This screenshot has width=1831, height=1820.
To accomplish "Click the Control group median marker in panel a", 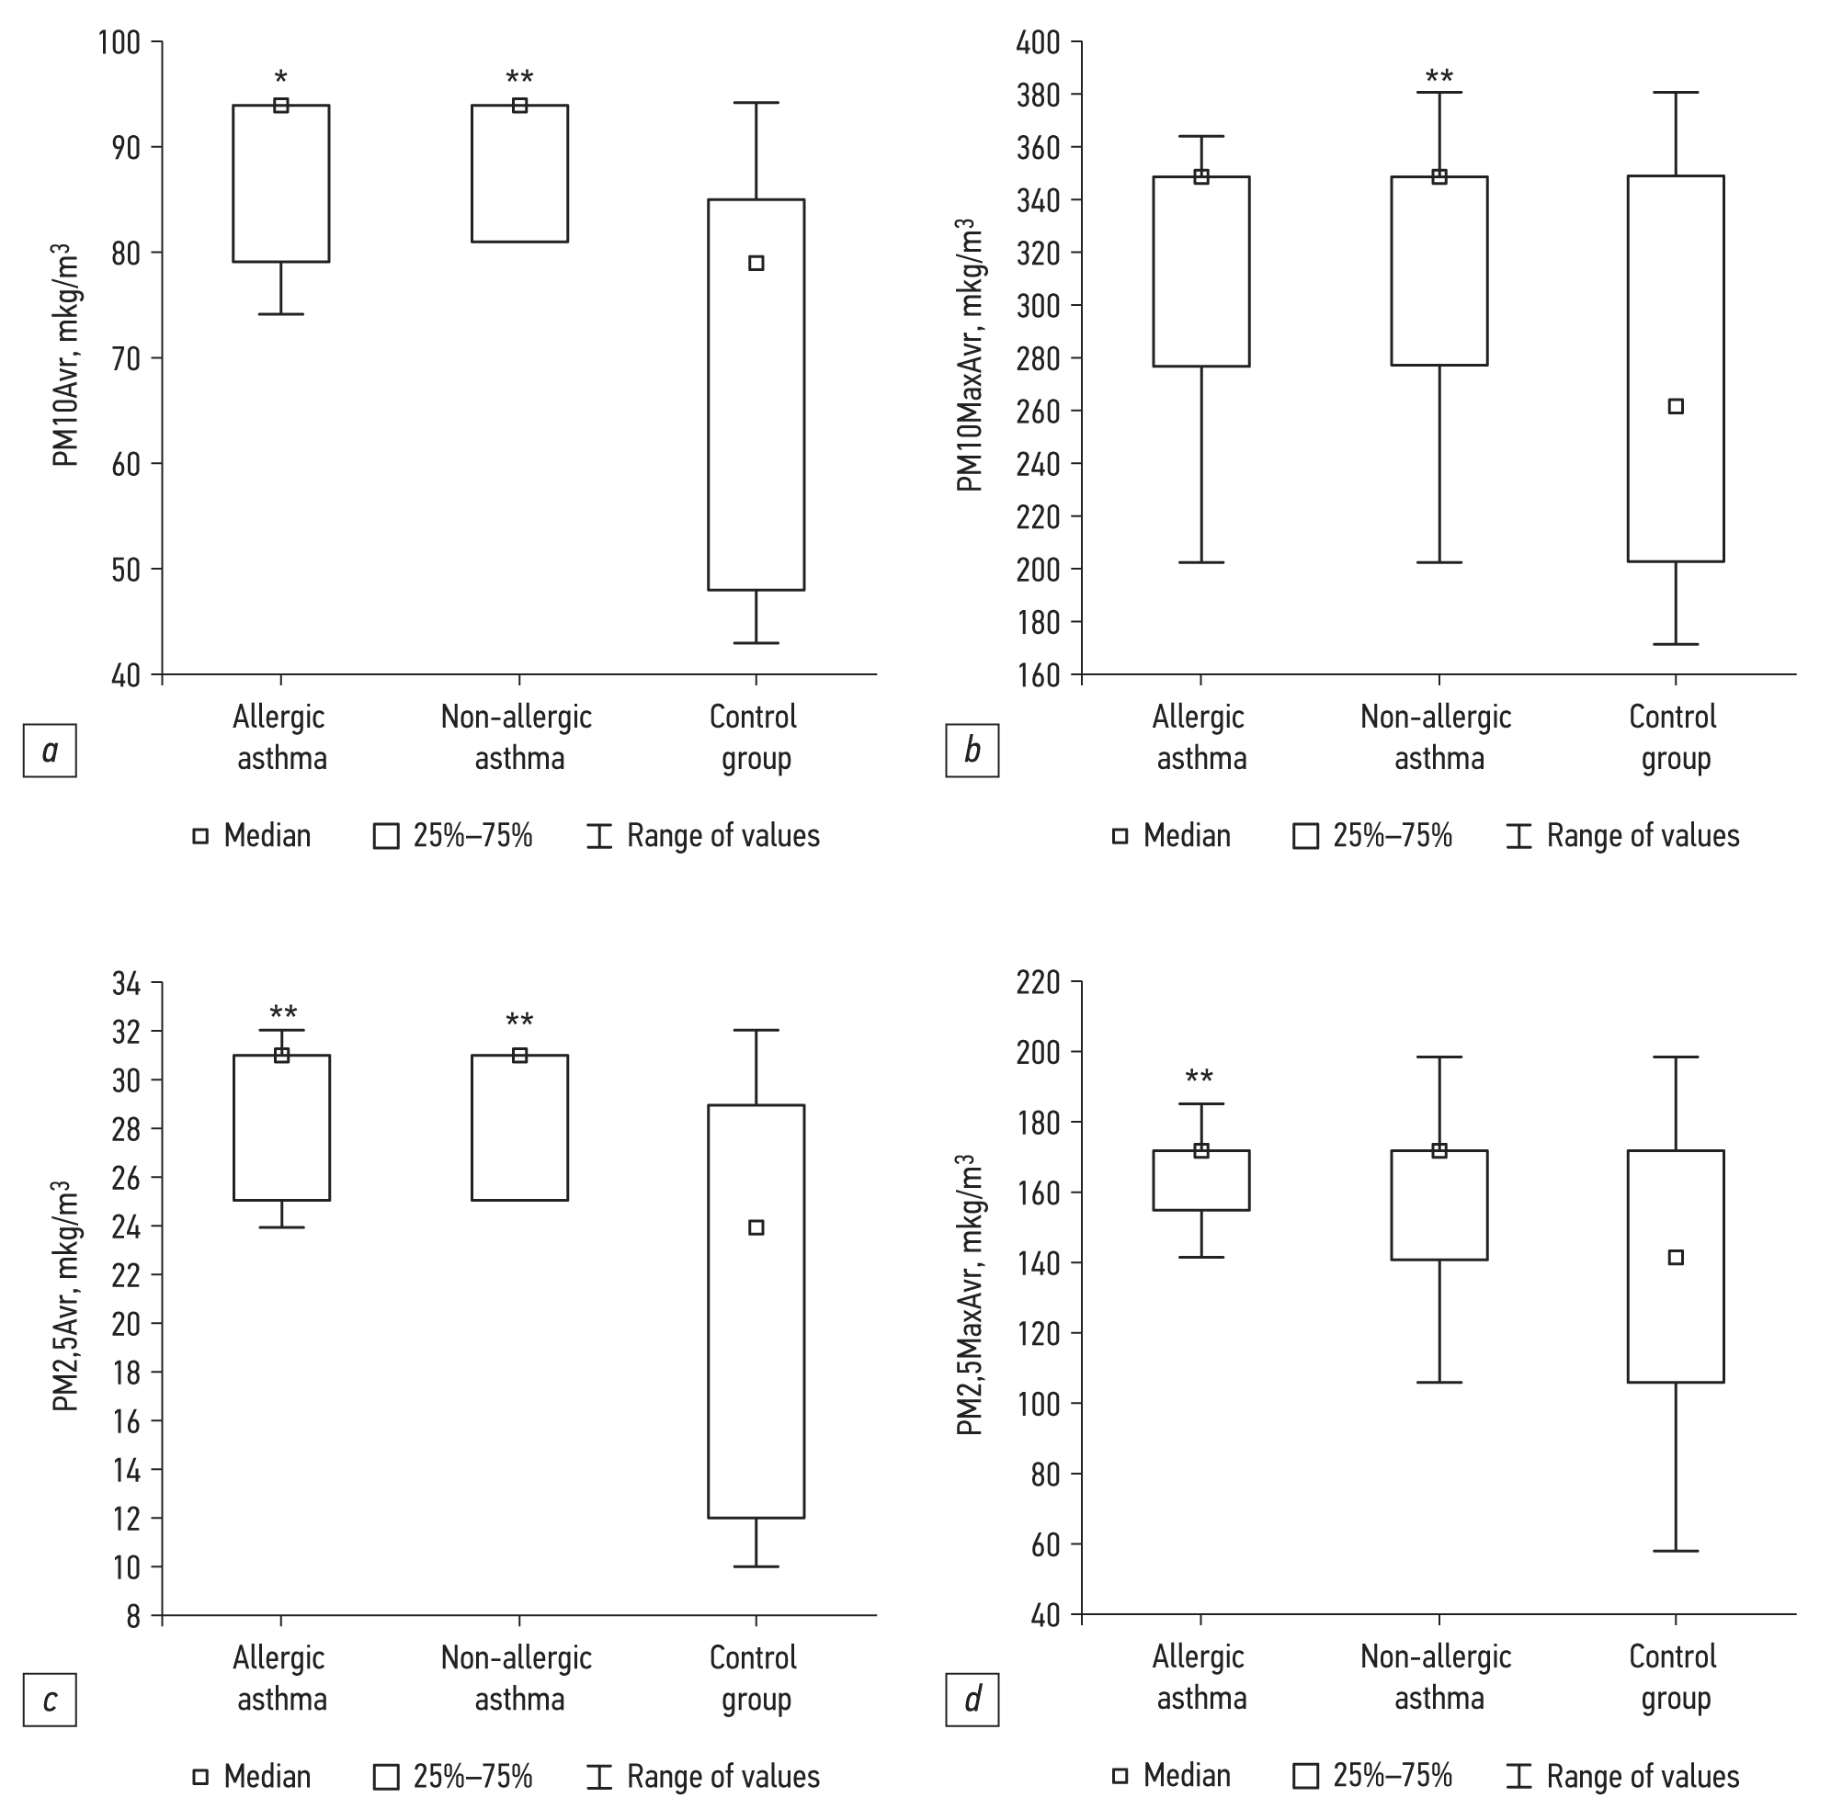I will coord(756,264).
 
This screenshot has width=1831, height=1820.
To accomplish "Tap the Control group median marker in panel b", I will coord(1676,406).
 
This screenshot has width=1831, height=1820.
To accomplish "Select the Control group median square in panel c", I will coord(756,1227).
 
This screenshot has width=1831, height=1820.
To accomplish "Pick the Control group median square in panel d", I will coord(1676,1257).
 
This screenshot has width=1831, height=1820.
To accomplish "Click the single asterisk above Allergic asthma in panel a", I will coord(280,77).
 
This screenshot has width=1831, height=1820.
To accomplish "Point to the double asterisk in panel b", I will coord(1439,75).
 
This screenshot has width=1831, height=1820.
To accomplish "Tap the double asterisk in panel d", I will coord(1199,1078).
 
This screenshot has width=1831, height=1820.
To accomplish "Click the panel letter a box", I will coord(50,752).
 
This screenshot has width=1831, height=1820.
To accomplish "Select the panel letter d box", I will coord(972,1700).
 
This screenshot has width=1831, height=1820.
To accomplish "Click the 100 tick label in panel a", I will coord(119,42).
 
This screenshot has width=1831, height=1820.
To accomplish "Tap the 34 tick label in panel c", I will coord(126,983).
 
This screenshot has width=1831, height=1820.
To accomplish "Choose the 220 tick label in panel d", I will coord(1040,982).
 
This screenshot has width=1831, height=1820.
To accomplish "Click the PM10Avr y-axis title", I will coord(64,356).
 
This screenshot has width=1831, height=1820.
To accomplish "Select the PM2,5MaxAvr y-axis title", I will coord(969,1295).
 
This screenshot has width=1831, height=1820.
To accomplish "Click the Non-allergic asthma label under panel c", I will coord(517,1678).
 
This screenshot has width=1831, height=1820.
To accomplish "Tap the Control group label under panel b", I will coord(1674,737).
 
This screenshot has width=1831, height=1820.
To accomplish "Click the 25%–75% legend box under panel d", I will coord(1306,1777).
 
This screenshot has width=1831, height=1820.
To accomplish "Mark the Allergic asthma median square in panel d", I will coord(1200,1151).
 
